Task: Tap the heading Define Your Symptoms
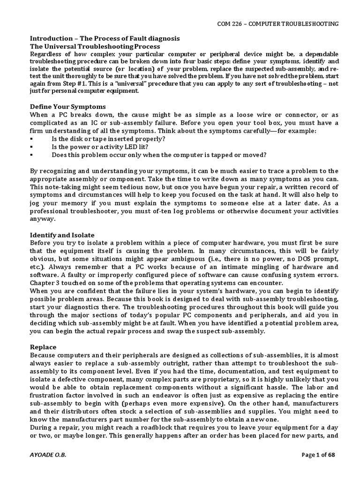point(68,106)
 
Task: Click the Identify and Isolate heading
point(62,235)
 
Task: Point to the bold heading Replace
point(43,347)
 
